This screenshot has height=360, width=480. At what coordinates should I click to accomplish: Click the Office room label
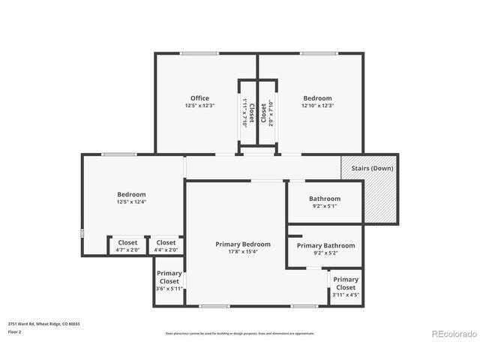[x=199, y=98]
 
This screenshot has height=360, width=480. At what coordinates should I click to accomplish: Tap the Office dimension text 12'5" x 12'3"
[x=199, y=106]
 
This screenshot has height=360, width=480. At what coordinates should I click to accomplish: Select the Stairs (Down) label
[x=372, y=168]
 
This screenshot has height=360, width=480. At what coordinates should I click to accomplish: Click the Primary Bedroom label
[x=243, y=244]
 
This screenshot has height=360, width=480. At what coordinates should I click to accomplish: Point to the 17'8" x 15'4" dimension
[x=243, y=252]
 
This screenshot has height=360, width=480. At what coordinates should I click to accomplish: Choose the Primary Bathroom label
[x=325, y=245]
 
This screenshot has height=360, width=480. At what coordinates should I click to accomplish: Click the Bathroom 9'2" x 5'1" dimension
[x=324, y=206]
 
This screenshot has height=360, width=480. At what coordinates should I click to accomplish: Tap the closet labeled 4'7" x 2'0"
[x=127, y=246]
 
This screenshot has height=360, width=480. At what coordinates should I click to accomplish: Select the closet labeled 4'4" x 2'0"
[x=166, y=246]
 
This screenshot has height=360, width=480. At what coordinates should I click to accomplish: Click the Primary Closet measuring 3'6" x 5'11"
[x=169, y=281]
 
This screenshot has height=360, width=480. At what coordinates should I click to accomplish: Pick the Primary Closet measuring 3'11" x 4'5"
[x=346, y=287]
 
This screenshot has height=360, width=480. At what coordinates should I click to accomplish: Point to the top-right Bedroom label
[x=317, y=98]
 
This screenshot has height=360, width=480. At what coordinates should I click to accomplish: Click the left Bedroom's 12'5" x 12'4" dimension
[x=131, y=202]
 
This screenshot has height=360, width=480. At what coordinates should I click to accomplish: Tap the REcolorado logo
[x=449, y=333]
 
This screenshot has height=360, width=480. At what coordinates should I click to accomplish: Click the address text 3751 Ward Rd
[x=44, y=324]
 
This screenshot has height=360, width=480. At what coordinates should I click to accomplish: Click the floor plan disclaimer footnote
[x=240, y=333]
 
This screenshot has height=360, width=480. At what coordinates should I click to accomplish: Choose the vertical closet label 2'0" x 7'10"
[x=270, y=112]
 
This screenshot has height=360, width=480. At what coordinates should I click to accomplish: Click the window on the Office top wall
[x=199, y=53]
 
